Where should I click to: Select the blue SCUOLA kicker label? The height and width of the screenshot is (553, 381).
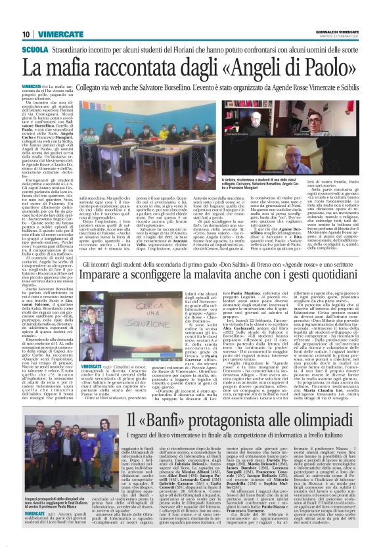[35, 49]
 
